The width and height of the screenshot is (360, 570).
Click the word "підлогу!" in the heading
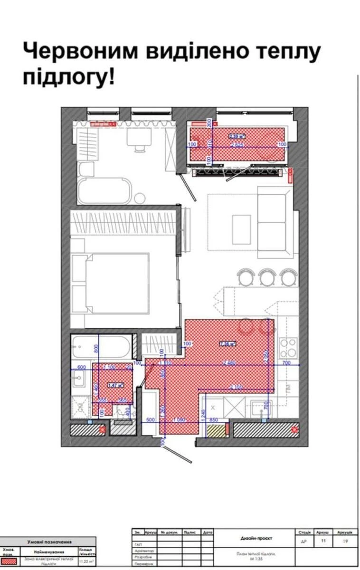(68, 77)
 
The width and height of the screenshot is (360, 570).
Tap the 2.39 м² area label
(236, 136)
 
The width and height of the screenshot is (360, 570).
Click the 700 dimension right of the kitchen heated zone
(286, 363)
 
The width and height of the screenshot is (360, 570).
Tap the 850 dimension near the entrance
(214, 419)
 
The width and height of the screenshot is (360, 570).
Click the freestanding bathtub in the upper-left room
(104, 191)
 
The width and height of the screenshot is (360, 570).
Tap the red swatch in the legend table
(9, 561)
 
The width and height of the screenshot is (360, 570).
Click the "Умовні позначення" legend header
(49, 541)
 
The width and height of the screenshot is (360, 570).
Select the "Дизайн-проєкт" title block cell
(256, 538)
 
